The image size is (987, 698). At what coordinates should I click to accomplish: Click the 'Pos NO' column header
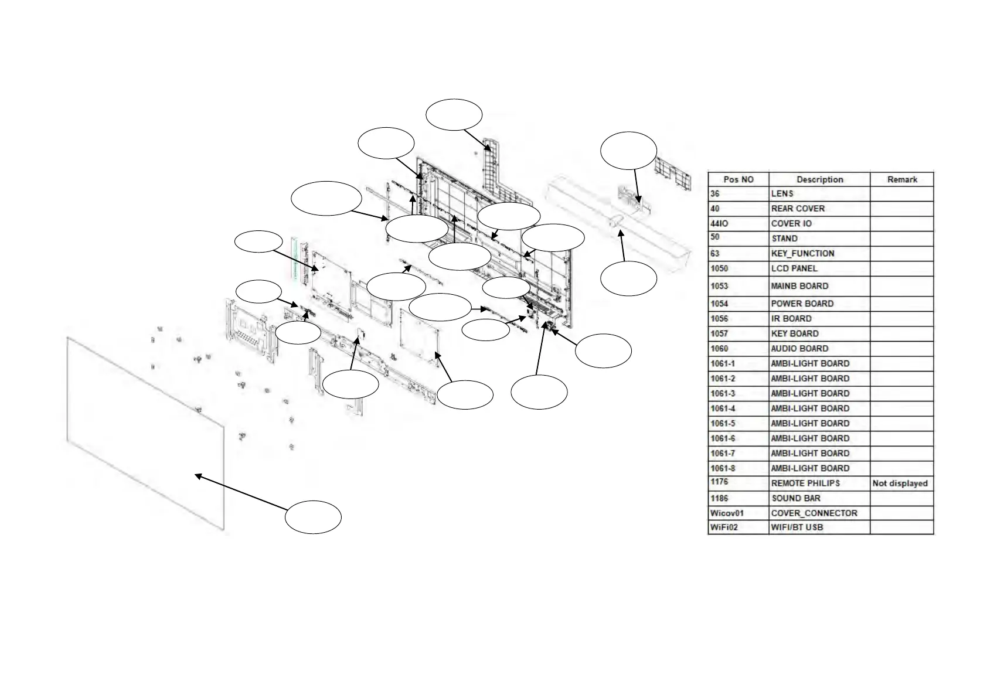[x=738, y=179]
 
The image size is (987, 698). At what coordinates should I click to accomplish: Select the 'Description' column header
[x=819, y=179]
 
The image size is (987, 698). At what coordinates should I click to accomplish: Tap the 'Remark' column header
[x=901, y=179]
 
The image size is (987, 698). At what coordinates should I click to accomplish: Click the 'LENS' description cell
[x=782, y=194]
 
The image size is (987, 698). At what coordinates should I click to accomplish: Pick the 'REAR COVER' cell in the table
[x=797, y=209]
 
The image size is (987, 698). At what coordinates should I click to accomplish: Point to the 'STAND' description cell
[x=784, y=239]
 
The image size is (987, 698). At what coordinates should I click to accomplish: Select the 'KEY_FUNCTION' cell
[x=802, y=254]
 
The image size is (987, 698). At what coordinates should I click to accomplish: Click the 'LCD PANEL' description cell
[x=794, y=268]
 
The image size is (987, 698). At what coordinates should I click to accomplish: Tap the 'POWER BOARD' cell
[x=802, y=304]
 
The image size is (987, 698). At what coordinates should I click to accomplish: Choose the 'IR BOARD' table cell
[x=791, y=319]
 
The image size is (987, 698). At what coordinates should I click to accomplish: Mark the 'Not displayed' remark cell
[x=900, y=484]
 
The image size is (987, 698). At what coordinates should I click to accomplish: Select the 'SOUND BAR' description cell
[x=795, y=498]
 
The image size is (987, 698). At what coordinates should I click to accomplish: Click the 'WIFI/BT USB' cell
[x=797, y=527]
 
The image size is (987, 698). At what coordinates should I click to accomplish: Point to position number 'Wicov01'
[x=727, y=513]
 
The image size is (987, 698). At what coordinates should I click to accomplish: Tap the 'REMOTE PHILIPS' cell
[x=805, y=484]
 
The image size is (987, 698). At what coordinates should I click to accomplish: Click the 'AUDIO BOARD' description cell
[x=799, y=349]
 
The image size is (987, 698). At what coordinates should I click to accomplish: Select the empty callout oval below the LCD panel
[x=313, y=517]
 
